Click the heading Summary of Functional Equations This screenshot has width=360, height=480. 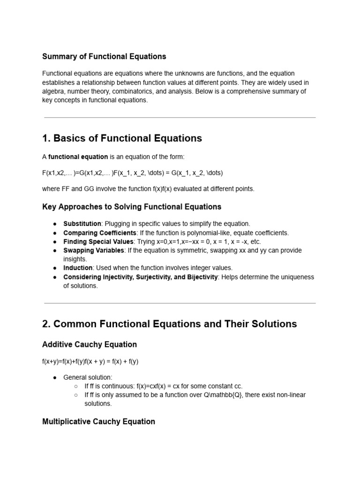point(104,56)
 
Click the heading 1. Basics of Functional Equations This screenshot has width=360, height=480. point(122,138)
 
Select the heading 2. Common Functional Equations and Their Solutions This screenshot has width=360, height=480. point(169,324)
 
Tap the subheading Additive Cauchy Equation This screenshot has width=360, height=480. point(90,345)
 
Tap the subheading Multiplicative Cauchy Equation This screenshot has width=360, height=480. point(98,421)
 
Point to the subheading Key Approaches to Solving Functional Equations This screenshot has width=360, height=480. point(132,207)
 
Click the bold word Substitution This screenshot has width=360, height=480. point(82,224)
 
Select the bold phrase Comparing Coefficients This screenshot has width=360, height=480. point(100,232)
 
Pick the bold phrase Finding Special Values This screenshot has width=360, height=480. point(98,241)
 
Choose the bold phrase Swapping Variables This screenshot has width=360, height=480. point(94,250)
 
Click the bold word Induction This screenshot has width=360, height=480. point(78,268)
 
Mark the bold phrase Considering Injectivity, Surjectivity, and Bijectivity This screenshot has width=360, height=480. point(141,277)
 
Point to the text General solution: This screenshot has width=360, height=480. point(88,377)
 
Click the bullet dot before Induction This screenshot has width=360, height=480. point(55,268)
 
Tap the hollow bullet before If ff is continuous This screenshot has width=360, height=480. point(76,386)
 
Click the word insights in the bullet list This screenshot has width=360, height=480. point(75,259)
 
